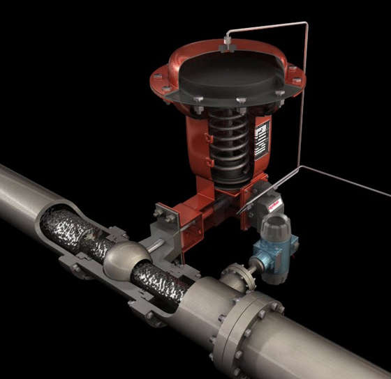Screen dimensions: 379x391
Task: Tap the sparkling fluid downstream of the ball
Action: click(x=165, y=281)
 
